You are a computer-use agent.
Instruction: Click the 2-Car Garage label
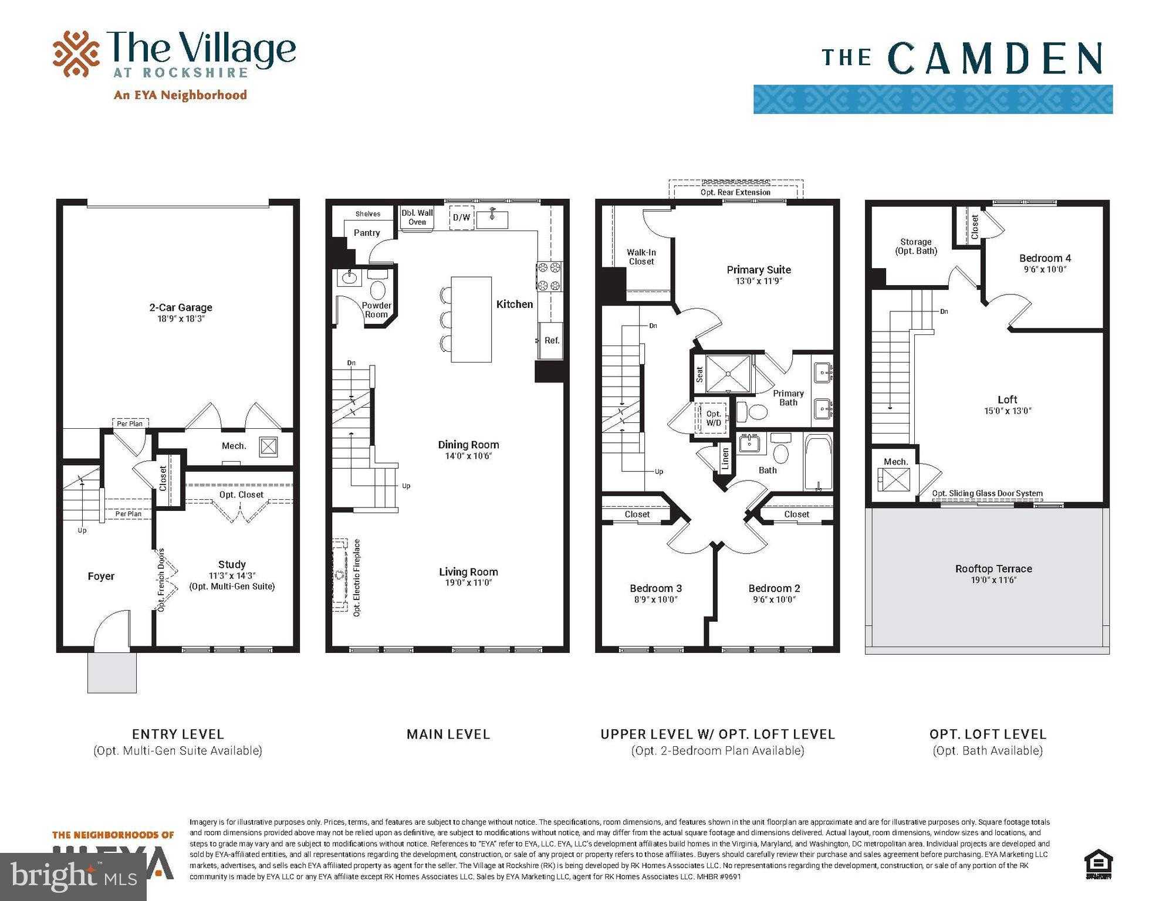pos(180,307)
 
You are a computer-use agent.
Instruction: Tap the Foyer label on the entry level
pos(101,576)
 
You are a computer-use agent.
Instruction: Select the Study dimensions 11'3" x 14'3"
pos(232,575)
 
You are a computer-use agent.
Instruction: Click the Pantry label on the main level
pos(367,233)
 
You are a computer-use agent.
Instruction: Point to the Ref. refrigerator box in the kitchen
pos(551,340)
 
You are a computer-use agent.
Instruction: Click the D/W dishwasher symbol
pos(461,218)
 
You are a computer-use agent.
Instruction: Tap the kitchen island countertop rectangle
pos(471,319)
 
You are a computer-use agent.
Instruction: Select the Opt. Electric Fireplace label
pos(357,577)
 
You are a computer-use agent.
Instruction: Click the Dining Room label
pos(468,445)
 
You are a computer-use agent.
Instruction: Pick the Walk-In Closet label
pos(641,257)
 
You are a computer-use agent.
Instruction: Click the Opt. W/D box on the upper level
pos(713,418)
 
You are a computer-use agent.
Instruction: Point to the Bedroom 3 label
pos(655,588)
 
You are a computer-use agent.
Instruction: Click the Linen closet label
pos(725,459)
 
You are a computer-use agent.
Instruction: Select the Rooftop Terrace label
pos(993,568)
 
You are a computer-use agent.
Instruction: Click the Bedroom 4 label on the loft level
pos(1045,258)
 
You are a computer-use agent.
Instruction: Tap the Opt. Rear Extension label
pos(735,192)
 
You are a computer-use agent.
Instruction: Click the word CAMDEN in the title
pos(995,59)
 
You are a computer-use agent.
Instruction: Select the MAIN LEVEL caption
pos(448,734)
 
